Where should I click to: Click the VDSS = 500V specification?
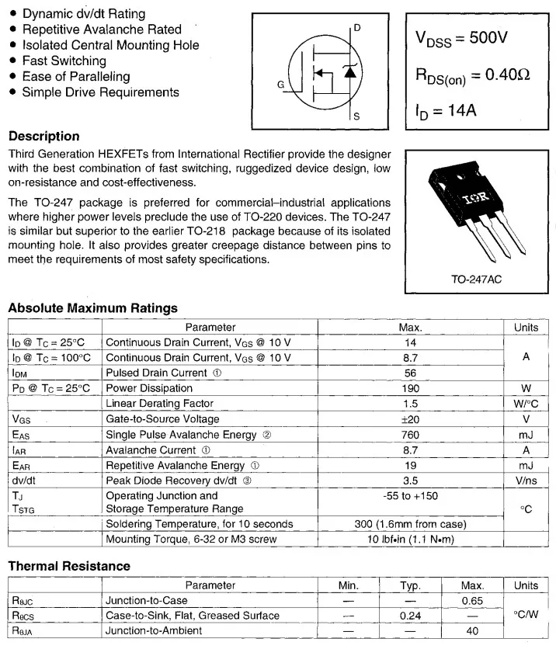[461, 38]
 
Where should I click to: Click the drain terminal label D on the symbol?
[357, 28]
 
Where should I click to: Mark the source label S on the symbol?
[356, 116]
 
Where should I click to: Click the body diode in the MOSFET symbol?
[349, 72]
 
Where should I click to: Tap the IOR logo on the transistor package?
[475, 199]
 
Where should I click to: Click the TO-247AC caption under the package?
[476, 279]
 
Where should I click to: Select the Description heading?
[43, 136]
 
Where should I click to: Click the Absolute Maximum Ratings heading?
[92, 308]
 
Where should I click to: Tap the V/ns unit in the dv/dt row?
[526, 481]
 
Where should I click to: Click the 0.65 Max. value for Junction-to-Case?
[472, 600]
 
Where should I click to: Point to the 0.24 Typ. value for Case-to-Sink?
[410, 616]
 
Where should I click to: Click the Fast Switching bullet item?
[64, 61]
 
